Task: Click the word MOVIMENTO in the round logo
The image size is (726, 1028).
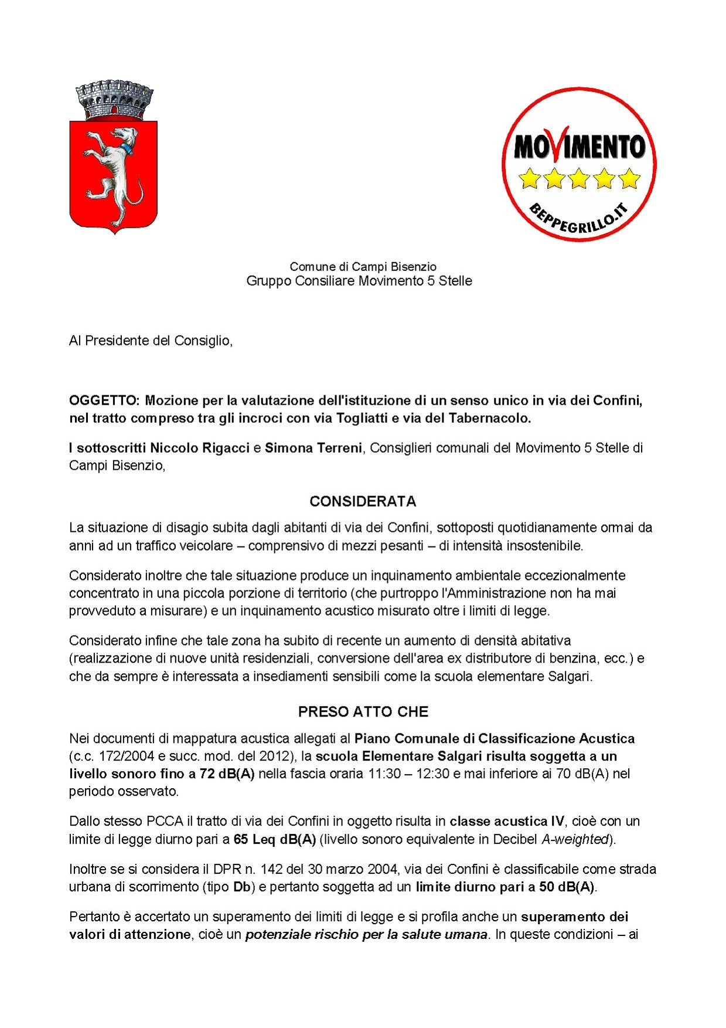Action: coord(579,147)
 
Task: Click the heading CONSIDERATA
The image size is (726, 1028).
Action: coord(363,501)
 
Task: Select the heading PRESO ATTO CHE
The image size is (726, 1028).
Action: coord(363,712)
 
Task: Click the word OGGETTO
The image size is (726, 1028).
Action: coord(104,401)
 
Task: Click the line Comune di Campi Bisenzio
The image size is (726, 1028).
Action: coord(363,267)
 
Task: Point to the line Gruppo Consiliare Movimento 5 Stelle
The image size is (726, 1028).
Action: coord(359,281)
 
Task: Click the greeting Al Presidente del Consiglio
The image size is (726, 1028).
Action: coord(151,341)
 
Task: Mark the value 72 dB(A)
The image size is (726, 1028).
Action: coord(227,773)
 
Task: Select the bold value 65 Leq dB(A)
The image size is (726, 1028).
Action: coord(274,839)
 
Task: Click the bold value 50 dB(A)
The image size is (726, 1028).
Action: coord(566,887)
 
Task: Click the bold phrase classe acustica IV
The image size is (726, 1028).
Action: coord(507,821)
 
